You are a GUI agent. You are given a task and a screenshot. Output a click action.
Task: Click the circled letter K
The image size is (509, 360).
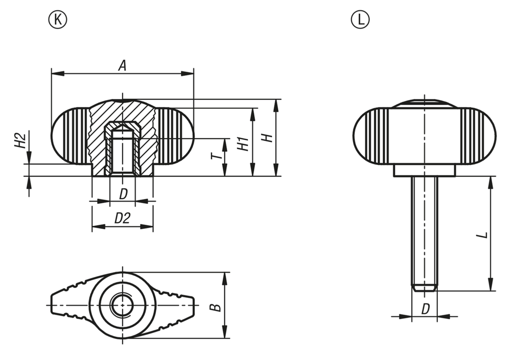coord(58,19)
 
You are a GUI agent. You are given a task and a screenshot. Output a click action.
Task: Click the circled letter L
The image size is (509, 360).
coord(360,19)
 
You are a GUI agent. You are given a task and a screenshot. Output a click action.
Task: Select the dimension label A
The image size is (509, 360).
coord(122,65)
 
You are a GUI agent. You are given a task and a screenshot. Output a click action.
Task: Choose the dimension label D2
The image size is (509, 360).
coord(122,218)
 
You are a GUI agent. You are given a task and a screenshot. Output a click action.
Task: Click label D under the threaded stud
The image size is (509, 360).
coord(425,309)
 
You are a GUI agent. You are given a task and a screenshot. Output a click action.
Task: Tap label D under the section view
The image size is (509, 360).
coord(123,193)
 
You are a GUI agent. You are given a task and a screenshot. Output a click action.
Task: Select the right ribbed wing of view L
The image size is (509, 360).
coord(477,136)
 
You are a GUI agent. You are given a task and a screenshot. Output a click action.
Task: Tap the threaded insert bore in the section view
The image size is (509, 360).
coord(122,152)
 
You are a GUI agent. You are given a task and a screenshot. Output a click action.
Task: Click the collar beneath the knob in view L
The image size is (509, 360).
coord(424,171)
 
